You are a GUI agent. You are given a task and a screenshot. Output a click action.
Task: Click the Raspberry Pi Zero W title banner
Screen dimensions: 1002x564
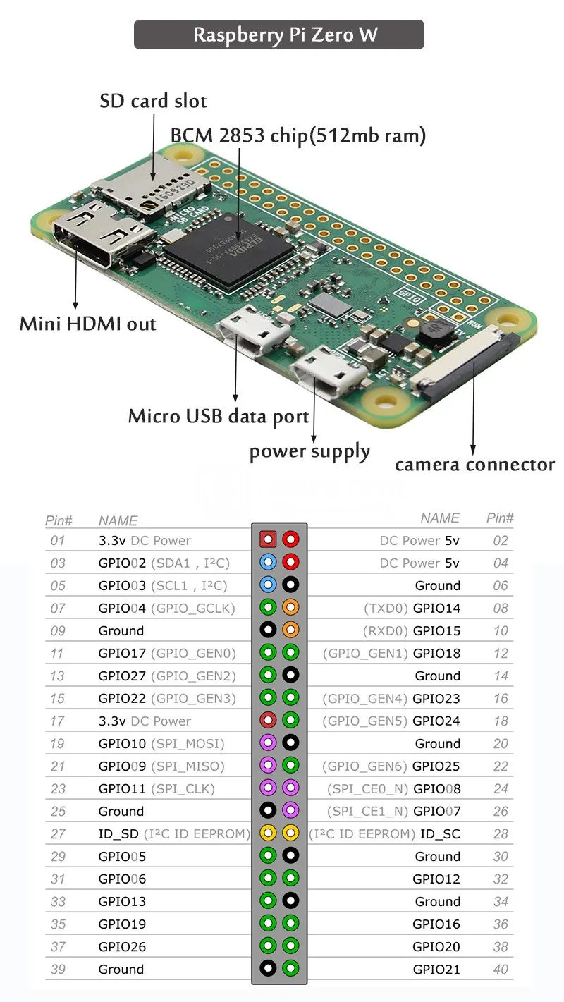coord(278,35)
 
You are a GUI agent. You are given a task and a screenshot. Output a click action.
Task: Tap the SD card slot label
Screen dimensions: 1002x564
coord(153,101)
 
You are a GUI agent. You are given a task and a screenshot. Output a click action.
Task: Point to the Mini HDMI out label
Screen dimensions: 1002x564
coord(87,324)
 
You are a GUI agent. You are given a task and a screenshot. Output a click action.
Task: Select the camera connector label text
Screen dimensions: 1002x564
coord(474,465)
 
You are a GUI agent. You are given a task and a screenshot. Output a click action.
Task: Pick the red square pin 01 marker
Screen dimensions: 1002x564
coord(268,540)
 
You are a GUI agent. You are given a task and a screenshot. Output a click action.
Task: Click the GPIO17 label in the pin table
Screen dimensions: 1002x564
coord(122,653)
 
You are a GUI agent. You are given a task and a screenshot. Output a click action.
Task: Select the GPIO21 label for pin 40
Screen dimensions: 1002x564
coord(436,969)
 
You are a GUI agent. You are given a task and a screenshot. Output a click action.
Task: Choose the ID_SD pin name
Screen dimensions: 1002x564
coord(118,833)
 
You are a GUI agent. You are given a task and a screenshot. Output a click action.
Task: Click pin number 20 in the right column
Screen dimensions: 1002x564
coord(501,743)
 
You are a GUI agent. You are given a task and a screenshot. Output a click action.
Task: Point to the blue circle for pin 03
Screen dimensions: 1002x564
coord(268,563)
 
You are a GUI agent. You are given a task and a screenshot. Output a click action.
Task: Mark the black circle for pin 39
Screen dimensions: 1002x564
coord(268,969)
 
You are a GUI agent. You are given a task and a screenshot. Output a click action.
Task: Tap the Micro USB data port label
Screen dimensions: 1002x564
coord(218,416)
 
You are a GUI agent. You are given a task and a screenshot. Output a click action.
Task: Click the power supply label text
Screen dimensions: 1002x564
coord(309,451)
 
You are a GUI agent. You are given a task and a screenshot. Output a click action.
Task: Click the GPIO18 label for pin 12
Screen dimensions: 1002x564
coord(436,653)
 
